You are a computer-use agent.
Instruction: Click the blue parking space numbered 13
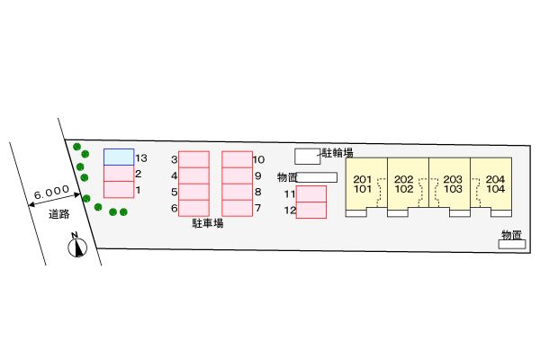click(x=119, y=157)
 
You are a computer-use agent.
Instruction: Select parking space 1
click(x=119, y=190)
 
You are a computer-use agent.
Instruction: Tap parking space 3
click(x=193, y=159)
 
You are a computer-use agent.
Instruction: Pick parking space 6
click(x=193, y=208)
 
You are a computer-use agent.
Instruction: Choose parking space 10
click(x=238, y=159)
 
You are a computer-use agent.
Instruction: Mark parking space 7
click(x=238, y=208)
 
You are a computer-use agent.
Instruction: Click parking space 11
click(x=311, y=194)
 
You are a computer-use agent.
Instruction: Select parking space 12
click(x=311, y=210)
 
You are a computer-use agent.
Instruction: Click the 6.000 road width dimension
click(x=51, y=192)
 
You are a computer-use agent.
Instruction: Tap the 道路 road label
click(x=58, y=214)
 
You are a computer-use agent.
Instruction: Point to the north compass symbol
click(x=77, y=246)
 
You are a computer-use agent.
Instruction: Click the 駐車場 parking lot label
click(x=208, y=223)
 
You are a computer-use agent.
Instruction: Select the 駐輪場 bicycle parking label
click(x=337, y=153)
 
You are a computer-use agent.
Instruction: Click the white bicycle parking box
click(x=308, y=157)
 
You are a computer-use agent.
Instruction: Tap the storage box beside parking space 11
click(x=317, y=177)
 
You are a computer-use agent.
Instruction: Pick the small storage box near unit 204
click(x=512, y=244)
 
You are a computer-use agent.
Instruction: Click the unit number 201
click(x=363, y=179)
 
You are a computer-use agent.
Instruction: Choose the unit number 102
click(x=403, y=189)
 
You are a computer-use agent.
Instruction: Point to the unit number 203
click(x=453, y=179)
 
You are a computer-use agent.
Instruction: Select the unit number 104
click(x=496, y=189)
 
